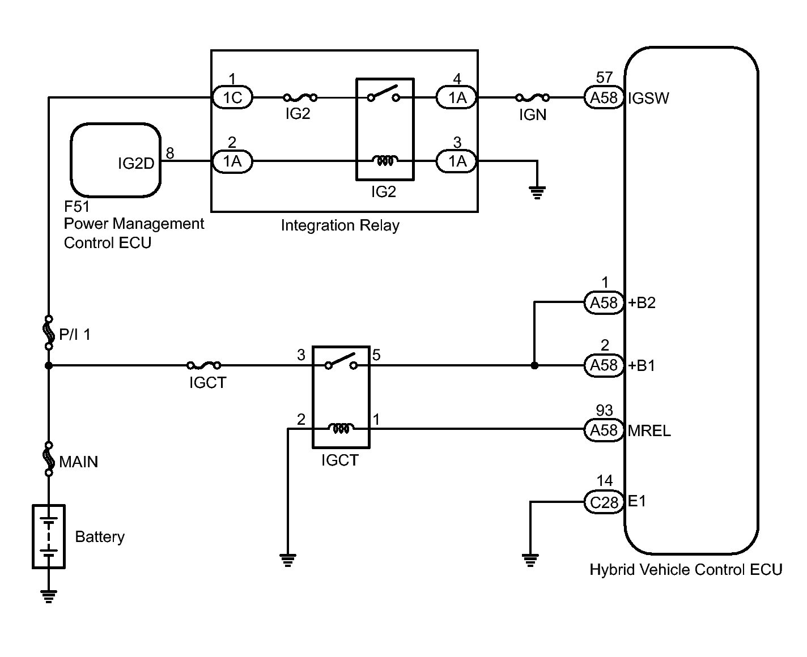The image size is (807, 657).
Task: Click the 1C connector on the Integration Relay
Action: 232,97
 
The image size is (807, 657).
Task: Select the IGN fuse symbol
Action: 532,97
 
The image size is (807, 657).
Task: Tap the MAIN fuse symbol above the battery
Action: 49,459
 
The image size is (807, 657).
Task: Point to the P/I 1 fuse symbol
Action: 49,332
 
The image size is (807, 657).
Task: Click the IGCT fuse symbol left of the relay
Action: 204,365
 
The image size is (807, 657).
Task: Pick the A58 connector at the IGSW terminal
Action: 604,97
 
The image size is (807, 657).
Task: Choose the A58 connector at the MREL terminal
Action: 604,430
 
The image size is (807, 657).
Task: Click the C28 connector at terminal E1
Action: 604,502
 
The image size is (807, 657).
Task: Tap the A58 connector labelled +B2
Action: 604,302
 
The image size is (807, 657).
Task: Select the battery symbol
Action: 49,536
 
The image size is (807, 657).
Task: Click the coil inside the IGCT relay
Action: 341,428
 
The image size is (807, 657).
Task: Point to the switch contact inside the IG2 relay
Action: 384,94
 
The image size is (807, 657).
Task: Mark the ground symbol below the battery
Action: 49,596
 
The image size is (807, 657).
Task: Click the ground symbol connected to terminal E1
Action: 530,560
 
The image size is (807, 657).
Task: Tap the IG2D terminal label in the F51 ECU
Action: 136,163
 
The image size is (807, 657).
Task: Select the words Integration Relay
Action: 340,225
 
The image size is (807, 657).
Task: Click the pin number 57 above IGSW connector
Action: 604,77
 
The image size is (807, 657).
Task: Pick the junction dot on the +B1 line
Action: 534,365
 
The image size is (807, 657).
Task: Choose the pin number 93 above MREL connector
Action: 604,410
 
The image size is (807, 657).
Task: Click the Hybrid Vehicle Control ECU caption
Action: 686,570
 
